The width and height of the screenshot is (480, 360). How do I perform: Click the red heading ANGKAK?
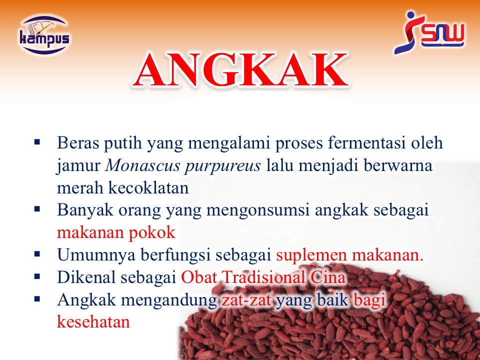(240, 70)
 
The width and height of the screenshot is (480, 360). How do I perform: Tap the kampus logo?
(44, 34)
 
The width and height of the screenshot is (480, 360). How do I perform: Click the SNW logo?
(429, 33)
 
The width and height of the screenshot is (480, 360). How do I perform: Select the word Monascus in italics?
(143, 165)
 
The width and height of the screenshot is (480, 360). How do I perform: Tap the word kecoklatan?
(148, 187)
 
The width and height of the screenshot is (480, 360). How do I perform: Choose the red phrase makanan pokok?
(116, 232)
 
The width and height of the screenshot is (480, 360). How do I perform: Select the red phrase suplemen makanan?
(349, 255)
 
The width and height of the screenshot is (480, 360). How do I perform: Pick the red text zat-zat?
(246, 299)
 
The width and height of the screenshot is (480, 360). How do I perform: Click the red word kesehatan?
(93, 321)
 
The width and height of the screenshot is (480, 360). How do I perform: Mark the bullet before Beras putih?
(37, 142)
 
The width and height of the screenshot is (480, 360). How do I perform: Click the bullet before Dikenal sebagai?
(37, 276)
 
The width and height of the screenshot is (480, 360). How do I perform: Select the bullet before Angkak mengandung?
(37, 298)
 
